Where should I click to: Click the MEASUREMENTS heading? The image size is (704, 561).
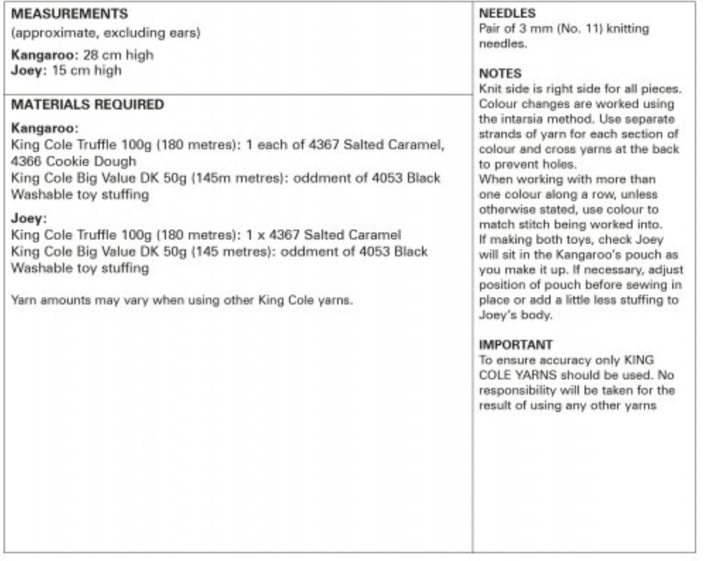(x=70, y=14)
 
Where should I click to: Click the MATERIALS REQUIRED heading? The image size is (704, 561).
(x=88, y=105)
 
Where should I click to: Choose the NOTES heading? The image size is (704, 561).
(x=500, y=73)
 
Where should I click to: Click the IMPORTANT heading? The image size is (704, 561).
(x=515, y=346)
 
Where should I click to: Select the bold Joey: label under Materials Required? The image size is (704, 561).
(x=29, y=218)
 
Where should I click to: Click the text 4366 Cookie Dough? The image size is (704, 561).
(x=74, y=161)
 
